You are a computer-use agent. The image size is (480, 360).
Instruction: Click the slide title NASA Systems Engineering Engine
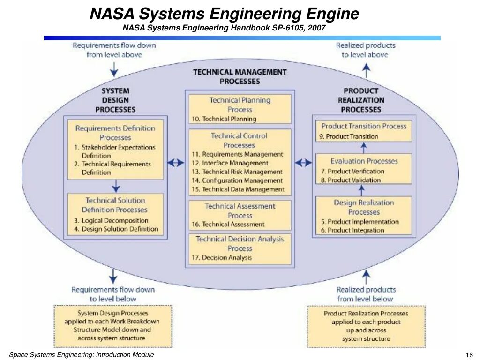tap(225, 14)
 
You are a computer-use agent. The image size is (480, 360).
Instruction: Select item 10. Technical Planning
tap(224, 119)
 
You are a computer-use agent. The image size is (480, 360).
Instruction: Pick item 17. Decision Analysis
tap(222, 258)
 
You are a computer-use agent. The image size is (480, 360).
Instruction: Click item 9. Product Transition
tap(349, 136)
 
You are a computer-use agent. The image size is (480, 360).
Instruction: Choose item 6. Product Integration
tap(352, 230)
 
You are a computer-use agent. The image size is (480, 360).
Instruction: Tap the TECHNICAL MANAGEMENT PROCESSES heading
tap(240, 76)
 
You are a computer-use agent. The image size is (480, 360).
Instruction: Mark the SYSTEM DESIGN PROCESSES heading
tap(115, 100)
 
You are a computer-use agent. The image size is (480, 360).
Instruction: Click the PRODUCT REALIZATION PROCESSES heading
tap(361, 100)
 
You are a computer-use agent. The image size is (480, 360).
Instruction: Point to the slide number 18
tap(469, 355)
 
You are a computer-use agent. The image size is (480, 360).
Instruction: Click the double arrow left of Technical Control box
tap(176, 163)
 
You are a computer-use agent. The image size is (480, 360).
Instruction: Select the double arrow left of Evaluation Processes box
tap(303, 163)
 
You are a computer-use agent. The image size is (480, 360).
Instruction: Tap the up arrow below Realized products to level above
tap(367, 70)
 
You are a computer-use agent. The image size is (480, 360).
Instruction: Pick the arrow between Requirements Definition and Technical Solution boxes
tap(115, 186)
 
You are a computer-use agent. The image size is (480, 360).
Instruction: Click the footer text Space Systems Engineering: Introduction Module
tap(82, 355)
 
